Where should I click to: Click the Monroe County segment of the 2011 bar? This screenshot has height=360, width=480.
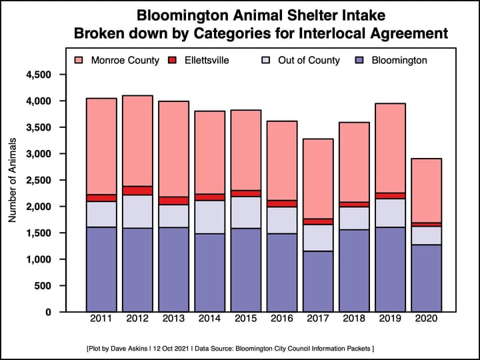coord(101,146)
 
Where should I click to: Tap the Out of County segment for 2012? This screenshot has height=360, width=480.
coord(137,211)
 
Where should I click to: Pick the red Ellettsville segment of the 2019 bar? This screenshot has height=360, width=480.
coord(391,195)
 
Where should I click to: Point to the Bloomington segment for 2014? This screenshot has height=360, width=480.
coord(210,273)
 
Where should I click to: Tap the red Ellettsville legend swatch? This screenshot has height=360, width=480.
coord(175,61)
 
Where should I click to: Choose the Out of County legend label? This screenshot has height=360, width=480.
coord(309,61)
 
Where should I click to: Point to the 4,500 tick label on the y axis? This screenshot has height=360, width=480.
coord(38,75)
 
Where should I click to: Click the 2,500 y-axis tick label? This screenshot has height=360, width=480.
coord(38,180)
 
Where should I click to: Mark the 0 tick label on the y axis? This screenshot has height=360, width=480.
coord(49,312)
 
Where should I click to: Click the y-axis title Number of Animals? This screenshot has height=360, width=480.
coord(13,180)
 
